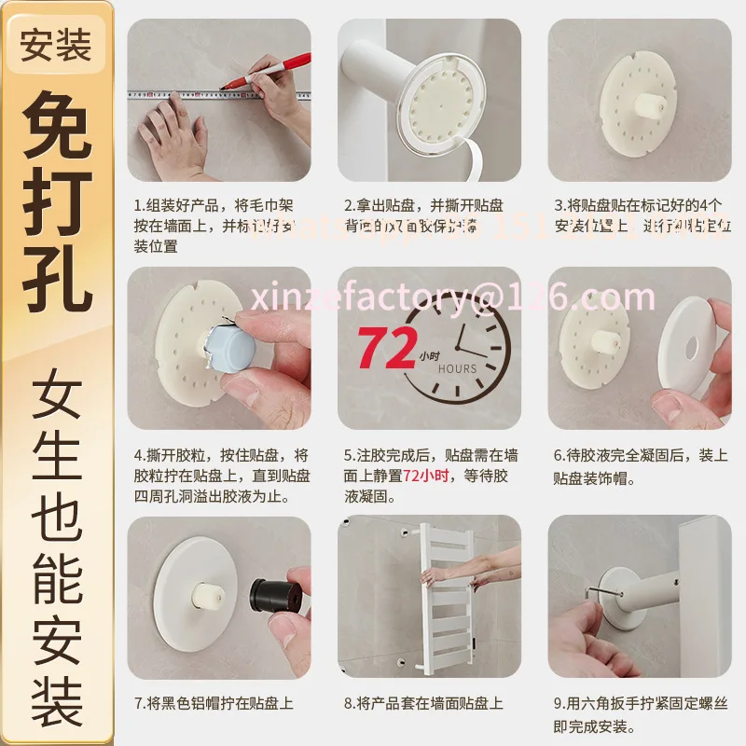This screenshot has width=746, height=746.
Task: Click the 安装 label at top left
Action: pos(56,45)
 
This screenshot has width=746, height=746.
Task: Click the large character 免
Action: pos(57,127)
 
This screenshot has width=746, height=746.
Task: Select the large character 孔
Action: pos(57,275)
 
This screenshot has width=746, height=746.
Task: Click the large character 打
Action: pos(57,200)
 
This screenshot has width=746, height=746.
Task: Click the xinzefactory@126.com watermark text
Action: pos(451,297)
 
